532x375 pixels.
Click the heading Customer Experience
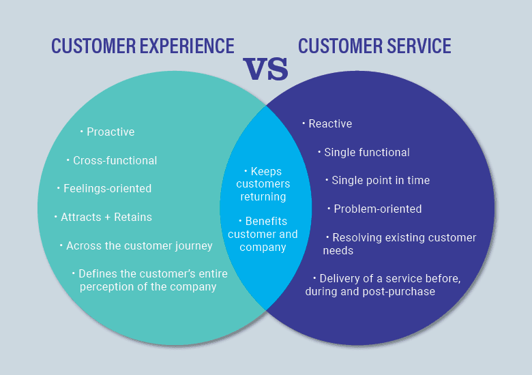[143, 46]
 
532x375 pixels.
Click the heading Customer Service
[374, 46]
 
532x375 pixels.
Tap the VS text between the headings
[266, 69]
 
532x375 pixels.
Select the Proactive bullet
[110, 132]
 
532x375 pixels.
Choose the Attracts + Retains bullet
[106, 217]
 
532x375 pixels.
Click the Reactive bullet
[330, 123]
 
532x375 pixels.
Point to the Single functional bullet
[366, 152]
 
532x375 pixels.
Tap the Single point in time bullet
[380, 181]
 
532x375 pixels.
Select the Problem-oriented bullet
[377, 209]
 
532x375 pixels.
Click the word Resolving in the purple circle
[356, 237]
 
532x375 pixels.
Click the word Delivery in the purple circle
[338, 278]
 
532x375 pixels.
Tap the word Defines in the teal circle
[97, 273]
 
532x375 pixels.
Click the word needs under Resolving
[338, 250]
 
